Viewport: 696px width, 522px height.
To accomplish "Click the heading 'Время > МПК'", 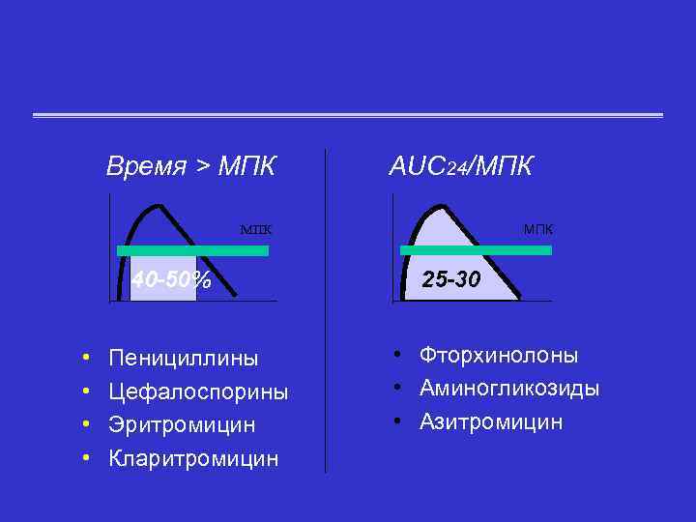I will coord(190,165).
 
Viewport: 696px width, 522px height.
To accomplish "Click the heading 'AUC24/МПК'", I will coord(460,165).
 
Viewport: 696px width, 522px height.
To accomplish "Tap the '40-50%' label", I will coord(171,280).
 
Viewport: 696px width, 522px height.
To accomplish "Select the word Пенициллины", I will coord(184,359).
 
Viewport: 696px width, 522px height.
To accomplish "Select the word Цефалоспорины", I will coord(198,391).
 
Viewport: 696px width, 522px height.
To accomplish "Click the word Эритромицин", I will coord(183,424).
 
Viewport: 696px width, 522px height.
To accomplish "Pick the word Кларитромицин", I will coord(193,457).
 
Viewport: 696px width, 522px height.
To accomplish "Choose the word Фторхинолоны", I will coord(499,355).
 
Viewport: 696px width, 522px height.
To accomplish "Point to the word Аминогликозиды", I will coord(509,389).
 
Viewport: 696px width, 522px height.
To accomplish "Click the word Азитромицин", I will coord(491,422).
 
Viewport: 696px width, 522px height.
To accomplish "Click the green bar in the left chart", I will coord(192,250).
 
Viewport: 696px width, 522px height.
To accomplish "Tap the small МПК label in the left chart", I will coord(255,230).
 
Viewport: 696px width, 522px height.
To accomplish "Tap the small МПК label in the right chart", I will coord(538,229).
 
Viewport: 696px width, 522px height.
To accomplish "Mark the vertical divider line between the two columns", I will coord(326,309).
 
